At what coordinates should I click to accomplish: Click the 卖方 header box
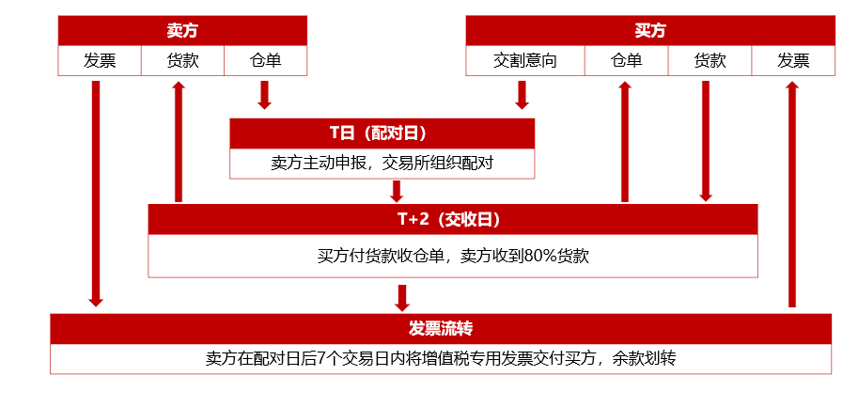click(x=182, y=31)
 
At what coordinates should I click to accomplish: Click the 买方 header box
click(x=650, y=31)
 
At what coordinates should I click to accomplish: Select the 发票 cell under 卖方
click(x=100, y=61)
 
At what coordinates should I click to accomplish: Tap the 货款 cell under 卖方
click(x=182, y=61)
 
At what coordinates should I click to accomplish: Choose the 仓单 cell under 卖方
click(x=265, y=61)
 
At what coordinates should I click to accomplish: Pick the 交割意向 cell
click(x=525, y=61)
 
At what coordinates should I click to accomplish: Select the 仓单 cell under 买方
click(x=626, y=61)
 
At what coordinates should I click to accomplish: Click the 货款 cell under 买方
click(x=710, y=61)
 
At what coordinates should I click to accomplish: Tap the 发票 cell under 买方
click(x=793, y=61)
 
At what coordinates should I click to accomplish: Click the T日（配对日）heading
click(x=382, y=133)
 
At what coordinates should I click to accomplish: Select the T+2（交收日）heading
click(x=452, y=220)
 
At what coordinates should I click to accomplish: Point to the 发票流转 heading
click(x=440, y=329)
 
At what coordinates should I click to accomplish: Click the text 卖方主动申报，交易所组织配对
click(x=382, y=164)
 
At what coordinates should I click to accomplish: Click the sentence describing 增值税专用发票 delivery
click(x=440, y=358)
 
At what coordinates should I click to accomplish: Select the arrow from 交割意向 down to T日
click(x=523, y=95)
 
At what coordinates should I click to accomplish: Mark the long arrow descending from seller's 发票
click(x=96, y=193)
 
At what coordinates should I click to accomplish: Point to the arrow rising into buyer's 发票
click(x=792, y=193)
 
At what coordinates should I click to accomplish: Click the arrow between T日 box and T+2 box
click(x=397, y=191)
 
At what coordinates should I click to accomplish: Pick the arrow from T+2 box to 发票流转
click(x=402, y=297)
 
